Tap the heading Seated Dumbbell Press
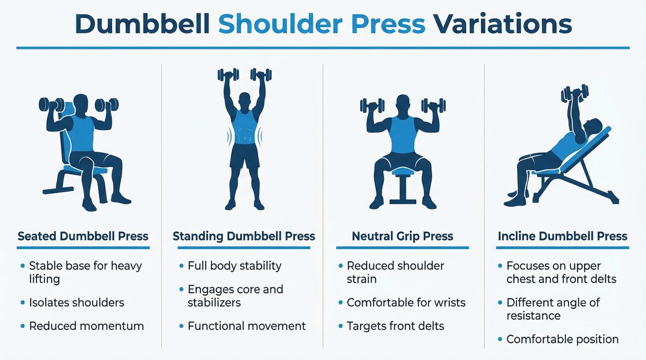tap(83, 236)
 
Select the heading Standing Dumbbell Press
tap(244, 236)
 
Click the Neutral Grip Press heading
tap(403, 236)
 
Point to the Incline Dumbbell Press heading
tap(563, 236)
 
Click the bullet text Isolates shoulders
tap(76, 302)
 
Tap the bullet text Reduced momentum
tap(86, 326)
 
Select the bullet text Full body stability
tap(234, 266)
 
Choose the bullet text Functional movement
tap(247, 326)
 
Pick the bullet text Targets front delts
tap(396, 326)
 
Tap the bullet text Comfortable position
tap(563, 339)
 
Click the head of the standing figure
tap(244, 100)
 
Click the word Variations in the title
tap(503, 25)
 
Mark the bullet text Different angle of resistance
tap(553, 309)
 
